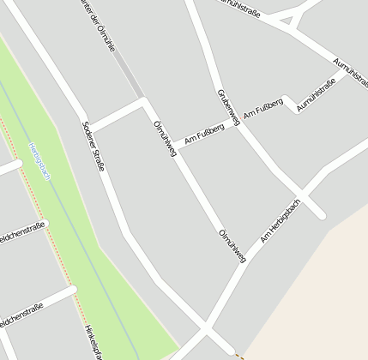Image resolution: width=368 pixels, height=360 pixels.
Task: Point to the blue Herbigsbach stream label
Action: tap(40, 161)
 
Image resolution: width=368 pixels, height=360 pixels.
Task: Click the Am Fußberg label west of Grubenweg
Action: tap(204, 132)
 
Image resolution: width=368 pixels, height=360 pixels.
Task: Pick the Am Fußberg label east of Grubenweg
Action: tap(262, 109)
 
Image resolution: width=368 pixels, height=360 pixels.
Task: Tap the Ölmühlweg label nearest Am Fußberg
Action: tap(164, 138)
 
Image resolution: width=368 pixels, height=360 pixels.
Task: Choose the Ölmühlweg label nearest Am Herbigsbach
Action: tap(232, 245)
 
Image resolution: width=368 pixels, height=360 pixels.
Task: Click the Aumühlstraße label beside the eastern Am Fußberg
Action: tap(315, 95)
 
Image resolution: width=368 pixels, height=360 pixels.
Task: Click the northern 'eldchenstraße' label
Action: tap(21, 231)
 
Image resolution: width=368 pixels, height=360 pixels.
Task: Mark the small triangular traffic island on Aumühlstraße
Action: tap(292, 15)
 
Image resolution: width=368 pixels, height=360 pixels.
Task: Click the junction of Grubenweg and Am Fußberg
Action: tap(238, 125)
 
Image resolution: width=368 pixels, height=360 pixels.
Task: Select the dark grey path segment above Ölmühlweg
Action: tap(129, 74)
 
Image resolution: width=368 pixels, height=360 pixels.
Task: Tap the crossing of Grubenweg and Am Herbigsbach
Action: tap(301, 191)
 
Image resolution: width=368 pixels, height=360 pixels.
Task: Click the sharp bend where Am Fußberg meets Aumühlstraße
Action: tap(289, 99)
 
